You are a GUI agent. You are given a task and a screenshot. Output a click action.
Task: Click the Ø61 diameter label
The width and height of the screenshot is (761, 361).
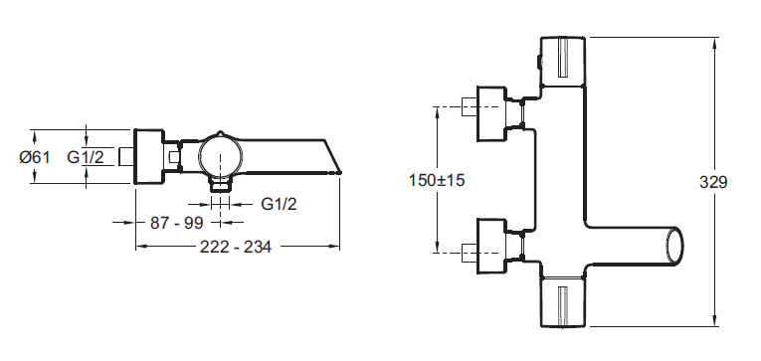pos(35,157)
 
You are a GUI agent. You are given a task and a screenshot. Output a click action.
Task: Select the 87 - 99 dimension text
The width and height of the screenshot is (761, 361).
pos(176,223)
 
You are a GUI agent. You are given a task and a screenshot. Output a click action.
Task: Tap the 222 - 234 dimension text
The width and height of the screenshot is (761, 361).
pos(236,247)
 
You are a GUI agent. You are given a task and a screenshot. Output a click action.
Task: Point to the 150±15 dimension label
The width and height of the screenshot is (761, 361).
pos(437,181)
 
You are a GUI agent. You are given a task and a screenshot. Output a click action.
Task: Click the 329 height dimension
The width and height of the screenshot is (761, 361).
pos(713,182)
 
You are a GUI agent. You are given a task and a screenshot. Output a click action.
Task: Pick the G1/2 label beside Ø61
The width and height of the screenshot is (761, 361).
pos(86,157)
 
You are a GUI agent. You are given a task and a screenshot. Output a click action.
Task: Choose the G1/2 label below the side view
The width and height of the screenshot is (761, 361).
pos(279,204)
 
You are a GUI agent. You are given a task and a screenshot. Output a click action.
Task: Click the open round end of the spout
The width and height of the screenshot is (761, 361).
pos(675,246)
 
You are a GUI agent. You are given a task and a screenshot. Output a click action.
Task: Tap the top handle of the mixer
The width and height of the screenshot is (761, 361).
pos(563,62)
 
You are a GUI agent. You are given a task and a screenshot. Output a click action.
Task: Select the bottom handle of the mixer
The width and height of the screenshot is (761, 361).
pos(563,301)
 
